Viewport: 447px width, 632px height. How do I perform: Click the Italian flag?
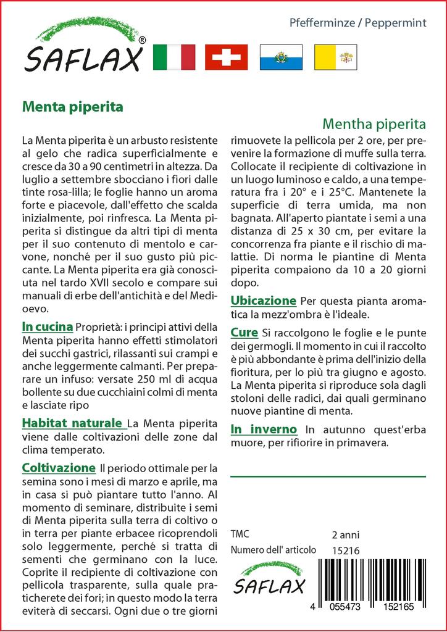tap(173, 57)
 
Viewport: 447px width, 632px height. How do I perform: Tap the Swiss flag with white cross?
tap(226, 57)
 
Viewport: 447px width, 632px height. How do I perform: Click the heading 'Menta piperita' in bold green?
tap(72, 106)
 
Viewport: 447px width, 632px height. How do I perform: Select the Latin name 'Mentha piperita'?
tap(375, 123)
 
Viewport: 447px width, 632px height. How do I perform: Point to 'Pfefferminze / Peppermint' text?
tap(358, 23)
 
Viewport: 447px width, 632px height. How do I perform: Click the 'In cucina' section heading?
tap(47, 326)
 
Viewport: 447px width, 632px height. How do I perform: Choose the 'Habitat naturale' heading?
tap(72, 423)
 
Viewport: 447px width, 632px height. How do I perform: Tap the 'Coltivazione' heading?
tap(58, 468)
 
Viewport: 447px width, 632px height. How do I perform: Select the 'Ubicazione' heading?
tap(264, 301)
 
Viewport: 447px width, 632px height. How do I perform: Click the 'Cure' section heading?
tap(244, 333)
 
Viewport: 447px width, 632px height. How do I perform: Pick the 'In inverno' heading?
tap(264, 429)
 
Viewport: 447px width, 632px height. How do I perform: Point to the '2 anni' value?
tap(345, 534)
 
